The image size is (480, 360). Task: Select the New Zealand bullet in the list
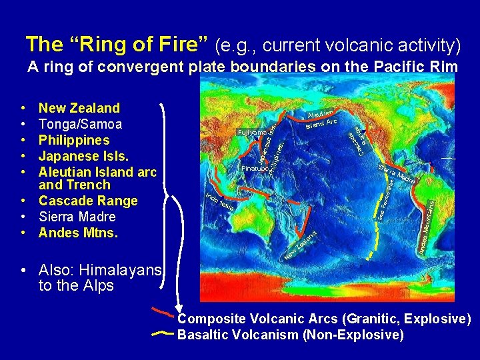[x=79, y=108]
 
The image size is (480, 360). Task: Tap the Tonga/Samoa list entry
[x=80, y=124]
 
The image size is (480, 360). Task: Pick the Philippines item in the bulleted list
[x=74, y=140]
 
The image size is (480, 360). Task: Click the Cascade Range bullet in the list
[x=88, y=201]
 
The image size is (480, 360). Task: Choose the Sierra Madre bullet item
[x=77, y=217]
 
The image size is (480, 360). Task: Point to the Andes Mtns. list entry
[x=78, y=233]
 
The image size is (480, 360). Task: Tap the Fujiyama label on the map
[x=251, y=132]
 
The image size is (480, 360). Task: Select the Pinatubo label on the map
[x=255, y=168]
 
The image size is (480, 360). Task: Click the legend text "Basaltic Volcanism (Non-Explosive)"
[x=290, y=335]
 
